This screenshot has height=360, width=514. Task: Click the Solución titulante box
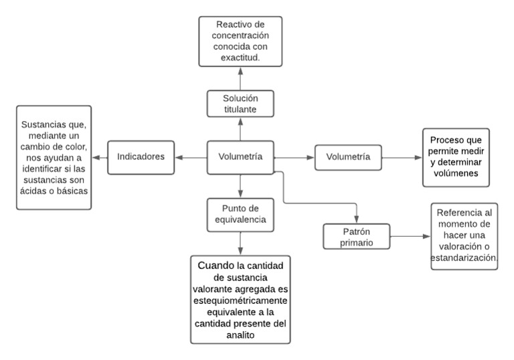(x=240, y=105)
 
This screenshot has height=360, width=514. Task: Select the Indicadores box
(x=141, y=157)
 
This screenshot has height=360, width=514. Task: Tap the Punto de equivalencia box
(x=240, y=212)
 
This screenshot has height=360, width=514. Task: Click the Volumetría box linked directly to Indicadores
(x=240, y=157)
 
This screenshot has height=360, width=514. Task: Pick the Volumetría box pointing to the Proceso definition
(x=348, y=157)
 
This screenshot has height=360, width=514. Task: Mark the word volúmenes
(x=455, y=174)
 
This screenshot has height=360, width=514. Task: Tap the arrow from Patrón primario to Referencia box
(x=410, y=236)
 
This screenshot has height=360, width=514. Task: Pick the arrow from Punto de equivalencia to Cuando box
(x=240, y=240)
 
